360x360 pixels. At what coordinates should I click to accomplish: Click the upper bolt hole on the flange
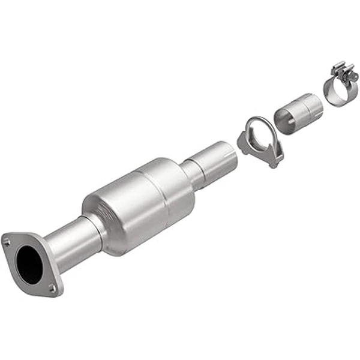(7, 242)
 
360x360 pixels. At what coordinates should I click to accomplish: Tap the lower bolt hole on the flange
(53, 289)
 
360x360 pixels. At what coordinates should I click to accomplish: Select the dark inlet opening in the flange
(30, 265)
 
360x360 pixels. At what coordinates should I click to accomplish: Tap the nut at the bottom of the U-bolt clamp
(275, 161)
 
